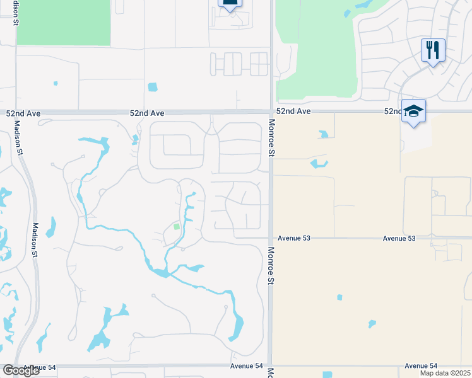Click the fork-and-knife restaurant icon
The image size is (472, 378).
[x=433, y=50]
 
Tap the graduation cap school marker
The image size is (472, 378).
[x=413, y=111]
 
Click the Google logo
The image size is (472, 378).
[x=21, y=370]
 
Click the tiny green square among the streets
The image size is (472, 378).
[x=177, y=227]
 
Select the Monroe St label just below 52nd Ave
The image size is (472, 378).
[x=272, y=138]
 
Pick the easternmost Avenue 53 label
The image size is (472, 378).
[x=399, y=238]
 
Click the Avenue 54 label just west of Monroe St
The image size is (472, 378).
[x=246, y=366]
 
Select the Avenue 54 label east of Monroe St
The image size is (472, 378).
[x=421, y=366]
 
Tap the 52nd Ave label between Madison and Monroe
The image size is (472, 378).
[x=147, y=113]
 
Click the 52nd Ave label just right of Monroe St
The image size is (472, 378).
[x=295, y=111]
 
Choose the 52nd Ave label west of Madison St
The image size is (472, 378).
[x=23, y=113]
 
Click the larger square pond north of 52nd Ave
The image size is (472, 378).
[x=152, y=87]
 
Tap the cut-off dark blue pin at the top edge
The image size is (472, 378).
[x=230, y=4]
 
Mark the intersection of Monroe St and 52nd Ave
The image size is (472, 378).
[x=271, y=112]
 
